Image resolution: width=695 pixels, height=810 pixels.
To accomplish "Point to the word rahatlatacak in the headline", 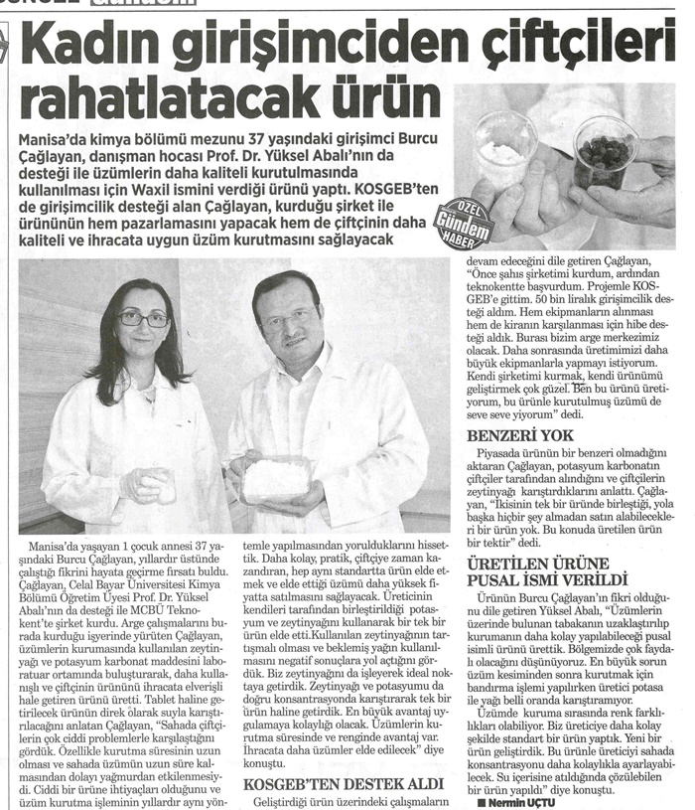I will tap(158, 98).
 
